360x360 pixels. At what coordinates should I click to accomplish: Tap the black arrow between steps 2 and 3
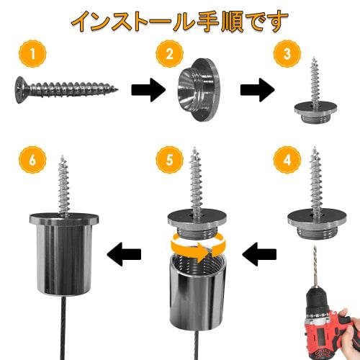pos(257,91)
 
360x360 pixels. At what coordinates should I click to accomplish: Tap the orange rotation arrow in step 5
pos(195,249)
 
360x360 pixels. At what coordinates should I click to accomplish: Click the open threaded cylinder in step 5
pos(196,292)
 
